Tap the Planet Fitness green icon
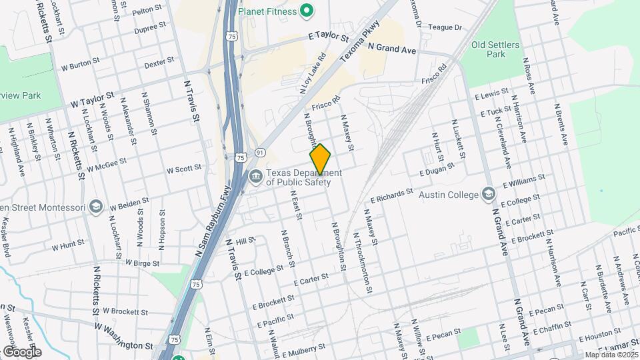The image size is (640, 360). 307,10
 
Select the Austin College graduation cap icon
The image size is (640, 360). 489,195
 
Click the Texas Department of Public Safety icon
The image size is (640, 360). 255,177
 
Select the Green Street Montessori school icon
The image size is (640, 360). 96,207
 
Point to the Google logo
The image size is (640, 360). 22,351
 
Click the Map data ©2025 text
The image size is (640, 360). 611,355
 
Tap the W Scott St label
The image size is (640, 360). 184,169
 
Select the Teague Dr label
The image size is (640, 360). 445,27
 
